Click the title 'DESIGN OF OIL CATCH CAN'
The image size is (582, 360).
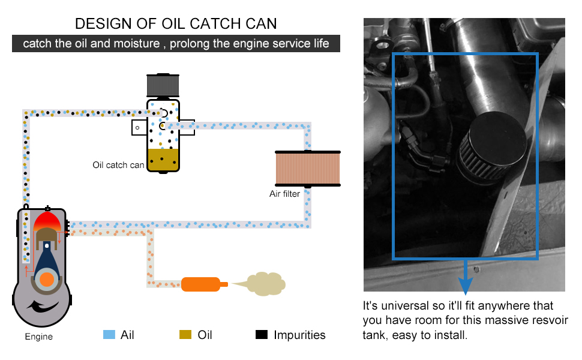click(x=176, y=24)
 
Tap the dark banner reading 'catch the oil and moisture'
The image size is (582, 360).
click(x=176, y=44)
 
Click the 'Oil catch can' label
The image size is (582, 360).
click(x=118, y=165)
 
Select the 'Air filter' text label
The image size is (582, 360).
click(x=284, y=194)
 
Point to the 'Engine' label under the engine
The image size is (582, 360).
click(x=38, y=337)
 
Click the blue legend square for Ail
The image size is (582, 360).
click(x=109, y=335)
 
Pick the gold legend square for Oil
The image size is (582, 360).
click(x=185, y=335)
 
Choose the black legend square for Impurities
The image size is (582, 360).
click(x=261, y=335)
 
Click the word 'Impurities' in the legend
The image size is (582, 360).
click(x=299, y=335)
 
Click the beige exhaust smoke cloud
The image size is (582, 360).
click(x=259, y=284)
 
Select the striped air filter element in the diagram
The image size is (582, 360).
click(x=307, y=169)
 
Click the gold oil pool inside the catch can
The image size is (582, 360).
click(x=163, y=159)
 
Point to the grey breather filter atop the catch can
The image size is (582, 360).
click(x=163, y=85)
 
